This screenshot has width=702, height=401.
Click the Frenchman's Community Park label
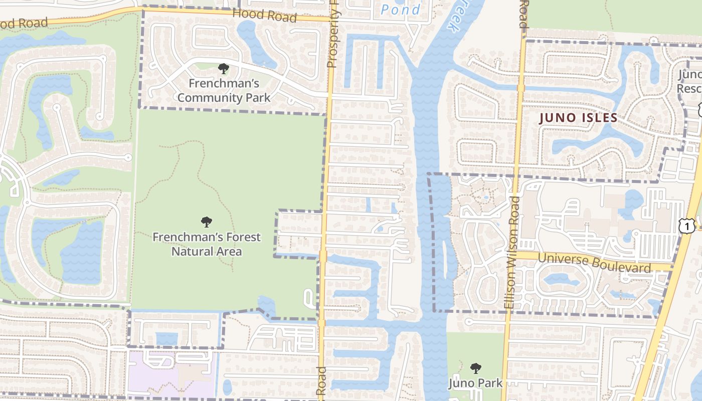coord(224,91)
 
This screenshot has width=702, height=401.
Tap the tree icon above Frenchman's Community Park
coord(224,69)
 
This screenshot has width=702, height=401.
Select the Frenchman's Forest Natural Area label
coord(207,244)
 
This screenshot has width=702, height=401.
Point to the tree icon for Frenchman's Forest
coord(206,222)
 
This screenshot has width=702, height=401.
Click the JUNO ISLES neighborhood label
coord(578,118)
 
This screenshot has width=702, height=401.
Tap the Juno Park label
coord(475,383)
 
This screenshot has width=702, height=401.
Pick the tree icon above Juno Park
coord(475,368)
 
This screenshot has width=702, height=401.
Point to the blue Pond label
coord(401,10)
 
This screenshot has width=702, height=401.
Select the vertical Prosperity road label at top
coord(333,34)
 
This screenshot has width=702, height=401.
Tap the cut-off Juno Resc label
coord(689,82)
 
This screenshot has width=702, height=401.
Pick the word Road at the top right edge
coord(523,14)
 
